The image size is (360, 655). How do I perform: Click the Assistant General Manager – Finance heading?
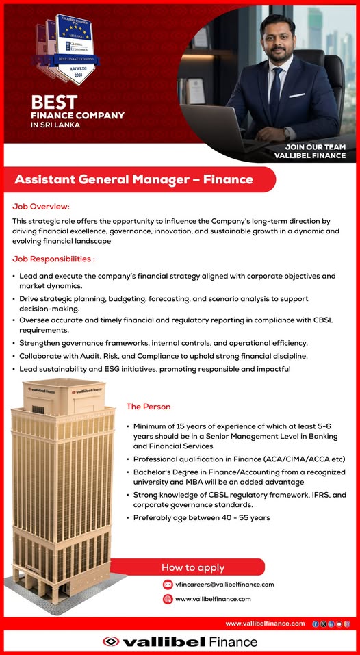point(134,180)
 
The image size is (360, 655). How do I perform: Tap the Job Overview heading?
point(41,206)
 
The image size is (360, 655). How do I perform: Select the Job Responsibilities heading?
point(53,259)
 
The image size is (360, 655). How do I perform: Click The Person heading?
point(148,407)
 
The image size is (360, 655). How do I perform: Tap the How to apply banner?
point(192,567)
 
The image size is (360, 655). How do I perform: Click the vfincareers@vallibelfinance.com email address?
point(224,585)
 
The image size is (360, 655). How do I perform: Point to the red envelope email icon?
point(168,585)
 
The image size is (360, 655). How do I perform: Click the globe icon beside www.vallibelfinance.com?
point(168,599)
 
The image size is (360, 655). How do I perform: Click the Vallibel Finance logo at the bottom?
point(180,642)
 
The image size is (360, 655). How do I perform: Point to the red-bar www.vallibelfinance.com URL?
point(265,624)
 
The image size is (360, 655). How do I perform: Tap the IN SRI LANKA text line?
point(55,125)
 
